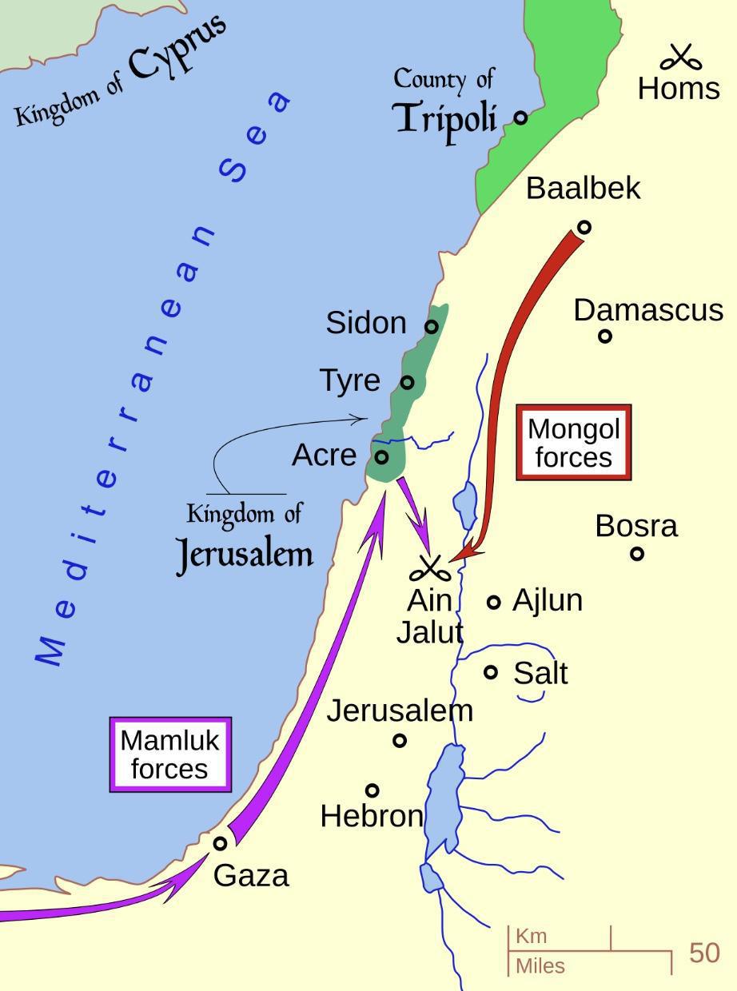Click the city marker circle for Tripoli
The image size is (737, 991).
click(520, 117)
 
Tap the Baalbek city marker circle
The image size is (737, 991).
click(584, 227)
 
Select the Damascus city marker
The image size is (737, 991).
click(605, 336)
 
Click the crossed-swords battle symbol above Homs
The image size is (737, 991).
click(680, 58)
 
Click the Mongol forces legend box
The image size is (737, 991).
click(573, 442)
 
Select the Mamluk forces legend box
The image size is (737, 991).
click(169, 754)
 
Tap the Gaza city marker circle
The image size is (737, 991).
click(220, 842)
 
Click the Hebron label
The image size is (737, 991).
click(371, 816)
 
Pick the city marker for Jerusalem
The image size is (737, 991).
click(400, 741)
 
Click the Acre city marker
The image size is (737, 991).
click(381, 457)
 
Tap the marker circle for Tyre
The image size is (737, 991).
click(407, 382)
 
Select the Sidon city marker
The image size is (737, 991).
click(431, 326)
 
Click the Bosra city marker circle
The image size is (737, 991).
click(636, 553)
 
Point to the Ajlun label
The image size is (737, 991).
click(547, 600)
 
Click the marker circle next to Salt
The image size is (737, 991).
click(491, 672)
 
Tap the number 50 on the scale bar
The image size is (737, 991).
click(703, 953)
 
